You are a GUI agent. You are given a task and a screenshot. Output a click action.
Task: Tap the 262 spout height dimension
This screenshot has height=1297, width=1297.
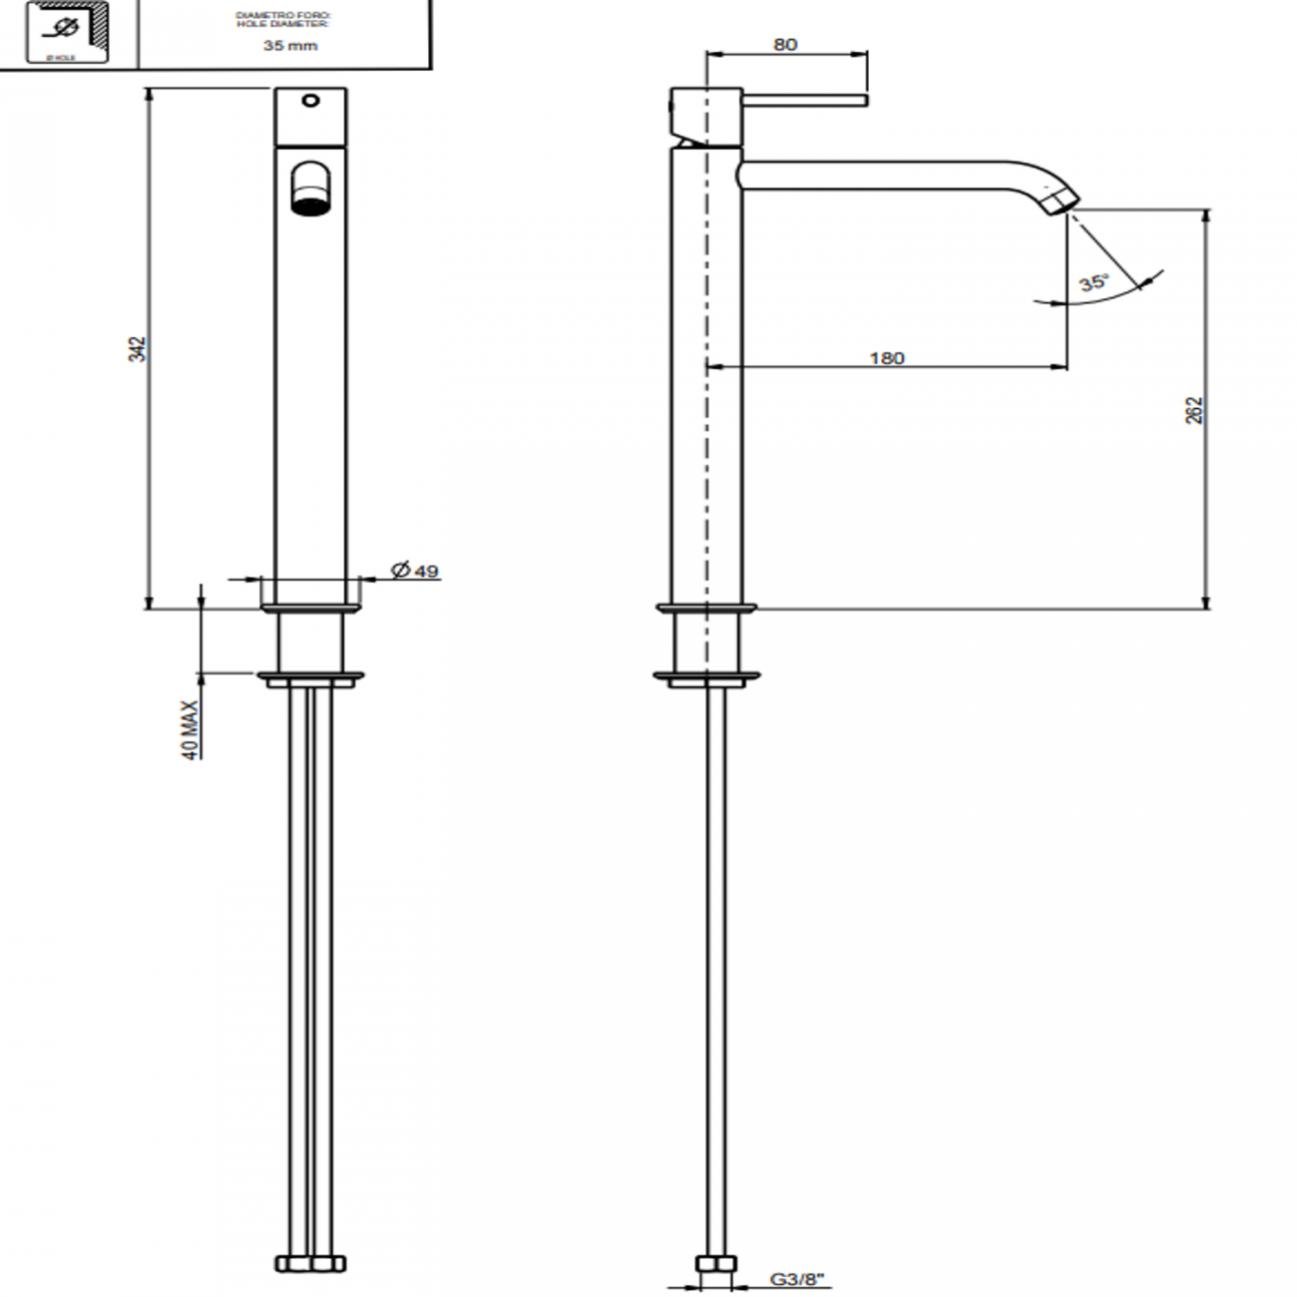click(1194, 410)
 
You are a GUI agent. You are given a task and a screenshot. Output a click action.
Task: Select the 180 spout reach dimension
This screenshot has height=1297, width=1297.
click(886, 357)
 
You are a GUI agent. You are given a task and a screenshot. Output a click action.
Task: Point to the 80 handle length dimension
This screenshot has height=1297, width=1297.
click(785, 45)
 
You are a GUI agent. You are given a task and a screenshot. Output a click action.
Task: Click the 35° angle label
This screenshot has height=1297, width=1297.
click(1092, 282)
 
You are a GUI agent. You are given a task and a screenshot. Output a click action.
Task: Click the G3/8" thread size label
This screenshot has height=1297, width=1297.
click(797, 1278)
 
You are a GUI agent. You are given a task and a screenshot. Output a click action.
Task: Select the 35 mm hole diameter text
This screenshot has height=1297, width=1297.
click(289, 45)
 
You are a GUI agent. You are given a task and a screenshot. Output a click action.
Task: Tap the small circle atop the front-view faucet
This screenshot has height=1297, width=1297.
click(309, 101)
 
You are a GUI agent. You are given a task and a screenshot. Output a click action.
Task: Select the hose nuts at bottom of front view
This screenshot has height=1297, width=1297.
click(309, 1263)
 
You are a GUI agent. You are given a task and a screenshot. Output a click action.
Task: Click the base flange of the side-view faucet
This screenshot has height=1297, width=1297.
click(706, 608)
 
